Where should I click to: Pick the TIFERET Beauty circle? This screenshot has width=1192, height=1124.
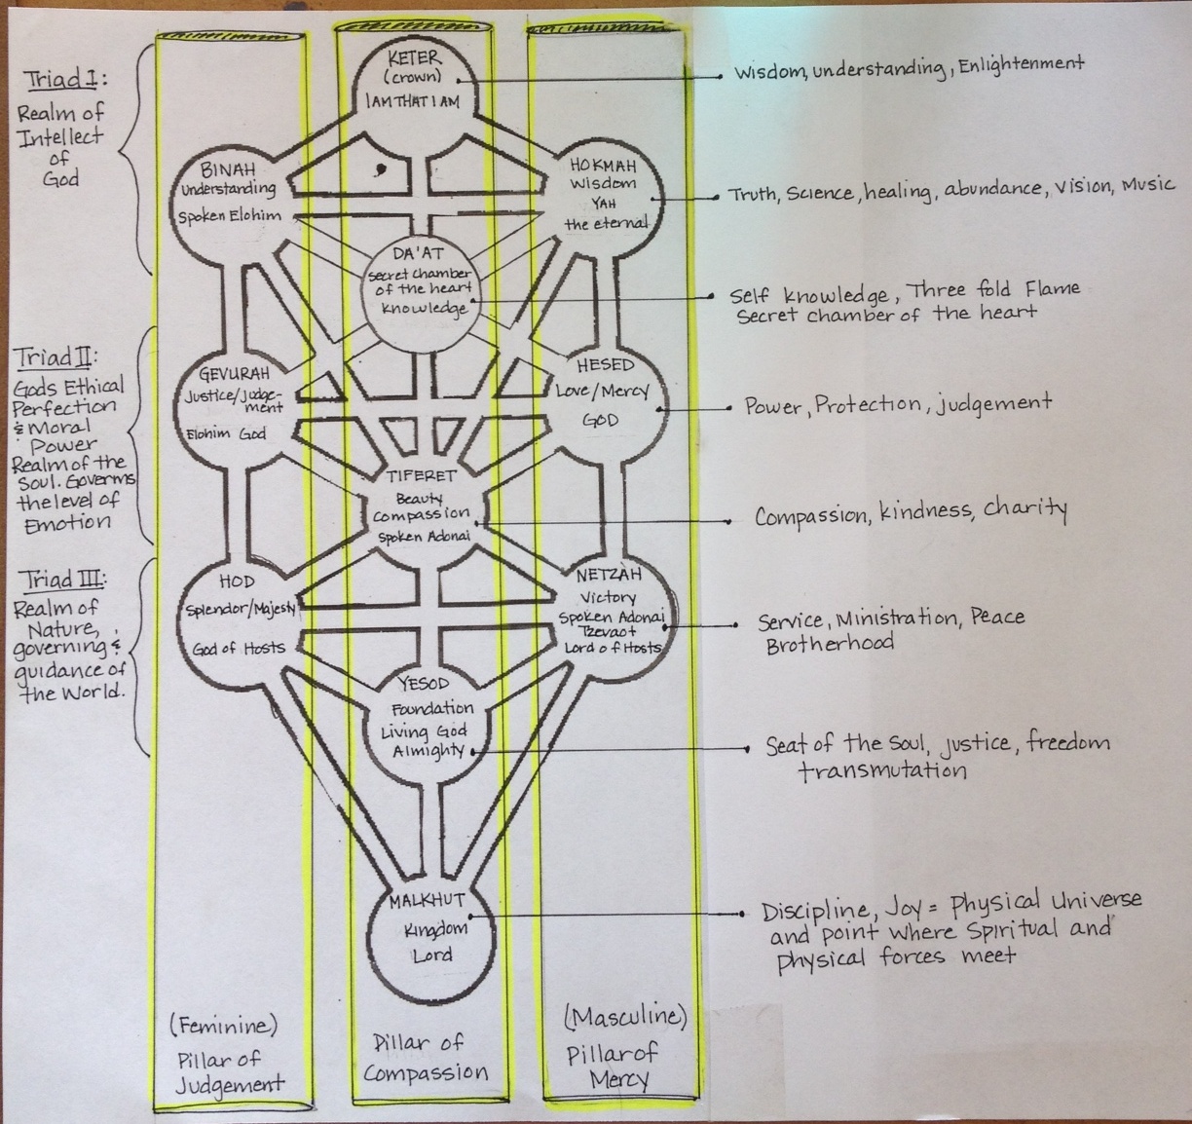(x=422, y=507)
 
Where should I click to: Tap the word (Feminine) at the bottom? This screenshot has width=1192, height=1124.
(x=223, y=1025)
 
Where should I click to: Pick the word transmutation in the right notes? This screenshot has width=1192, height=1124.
(x=882, y=770)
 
